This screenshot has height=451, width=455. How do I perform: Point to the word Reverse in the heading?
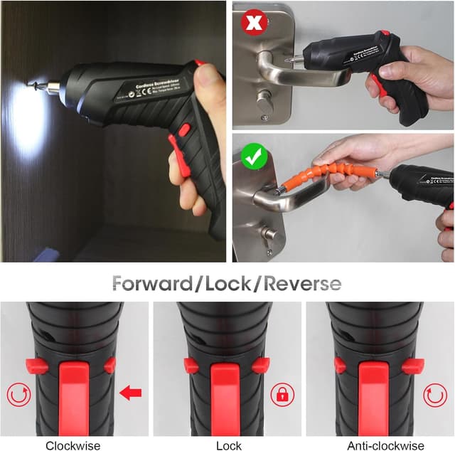point(303,284)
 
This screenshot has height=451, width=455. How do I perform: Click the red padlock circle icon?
point(282,393)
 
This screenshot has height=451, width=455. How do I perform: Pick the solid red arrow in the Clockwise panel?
point(130,393)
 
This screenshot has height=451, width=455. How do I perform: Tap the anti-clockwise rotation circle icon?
point(434,393)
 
